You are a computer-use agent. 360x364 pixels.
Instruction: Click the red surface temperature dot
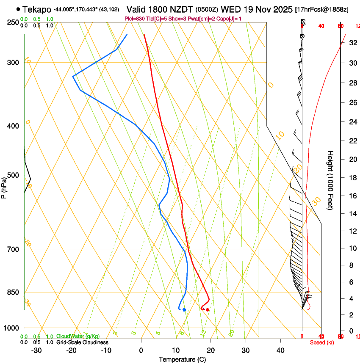pos(208,310)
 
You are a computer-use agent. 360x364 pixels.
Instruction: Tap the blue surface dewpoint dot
pos(184,310)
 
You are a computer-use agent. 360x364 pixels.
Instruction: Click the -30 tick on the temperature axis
pos(37,350)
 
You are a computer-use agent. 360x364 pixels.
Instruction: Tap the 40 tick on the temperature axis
pos(280,350)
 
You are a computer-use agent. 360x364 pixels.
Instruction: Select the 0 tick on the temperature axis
pos(141,350)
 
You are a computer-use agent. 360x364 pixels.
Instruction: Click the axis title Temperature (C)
pos(182,359)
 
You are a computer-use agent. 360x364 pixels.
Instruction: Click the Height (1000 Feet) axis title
pos(331,180)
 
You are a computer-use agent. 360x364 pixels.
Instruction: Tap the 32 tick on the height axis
pos(352,43)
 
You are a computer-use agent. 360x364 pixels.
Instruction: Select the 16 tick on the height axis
pos(352,196)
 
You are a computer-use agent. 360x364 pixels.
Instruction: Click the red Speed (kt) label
pos(322,342)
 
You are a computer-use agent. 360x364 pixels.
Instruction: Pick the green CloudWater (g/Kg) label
pos(78,336)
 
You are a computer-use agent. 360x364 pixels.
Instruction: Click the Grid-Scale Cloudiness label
pos(82,342)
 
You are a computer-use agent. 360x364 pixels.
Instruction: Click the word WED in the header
pos(230,9)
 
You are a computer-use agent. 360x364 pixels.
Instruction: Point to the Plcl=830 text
pos(135,19)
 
